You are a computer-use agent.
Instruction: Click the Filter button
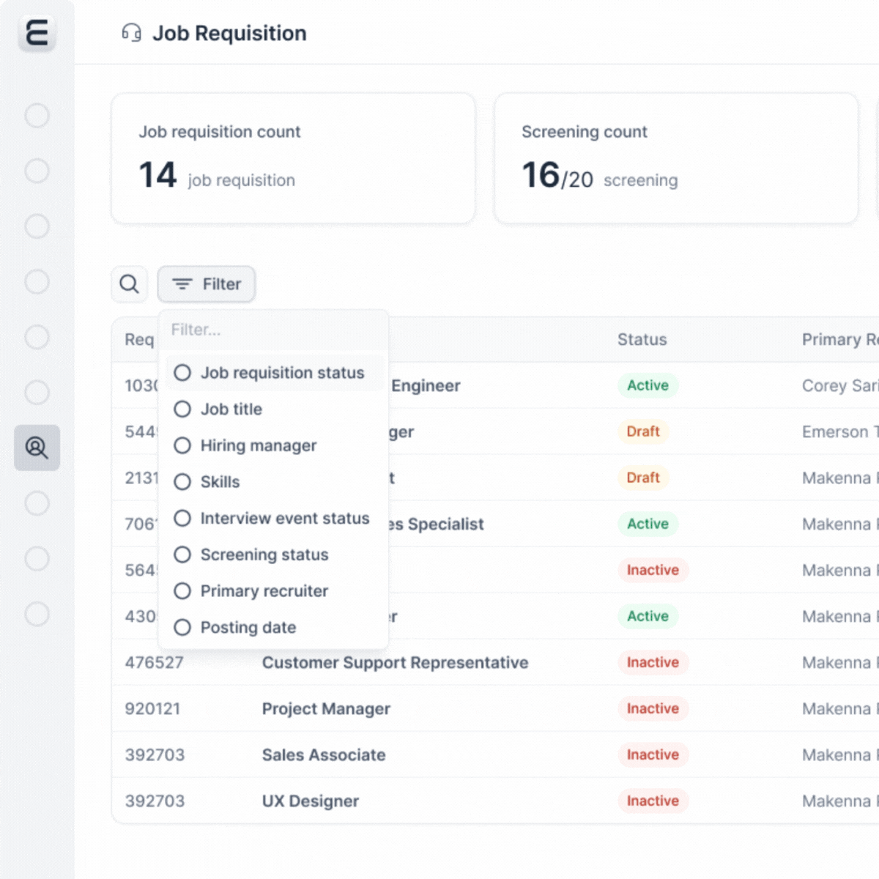207,284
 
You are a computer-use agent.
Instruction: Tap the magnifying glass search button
129,284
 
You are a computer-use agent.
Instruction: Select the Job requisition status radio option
182,373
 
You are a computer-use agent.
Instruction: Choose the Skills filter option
182,482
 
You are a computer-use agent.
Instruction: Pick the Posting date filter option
182,628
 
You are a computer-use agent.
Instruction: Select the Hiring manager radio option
182,445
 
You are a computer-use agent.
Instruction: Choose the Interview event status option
182,519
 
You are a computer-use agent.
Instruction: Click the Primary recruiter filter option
182,591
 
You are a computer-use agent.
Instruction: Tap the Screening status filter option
182,555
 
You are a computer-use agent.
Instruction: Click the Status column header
642,340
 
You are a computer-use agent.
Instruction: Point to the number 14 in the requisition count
157,176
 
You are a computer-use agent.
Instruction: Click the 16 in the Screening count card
541,176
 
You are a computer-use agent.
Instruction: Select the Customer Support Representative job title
395,663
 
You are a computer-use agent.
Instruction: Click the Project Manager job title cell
326,709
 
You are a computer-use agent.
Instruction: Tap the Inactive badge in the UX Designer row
653,801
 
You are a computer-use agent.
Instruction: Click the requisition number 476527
154,663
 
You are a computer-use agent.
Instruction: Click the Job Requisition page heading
229,34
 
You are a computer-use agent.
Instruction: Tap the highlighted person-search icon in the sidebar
37,448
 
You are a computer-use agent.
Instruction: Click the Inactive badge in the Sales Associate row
653,755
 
